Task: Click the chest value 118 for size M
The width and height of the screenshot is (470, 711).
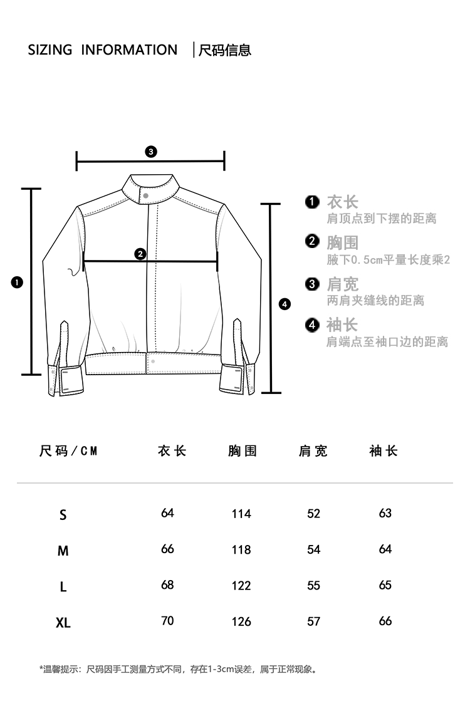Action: click(241, 550)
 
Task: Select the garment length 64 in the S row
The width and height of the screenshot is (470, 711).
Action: click(167, 513)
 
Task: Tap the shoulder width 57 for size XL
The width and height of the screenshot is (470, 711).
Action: click(314, 621)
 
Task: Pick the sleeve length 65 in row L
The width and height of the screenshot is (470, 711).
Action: click(385, 585)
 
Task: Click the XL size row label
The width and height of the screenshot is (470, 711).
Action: click(63, 623)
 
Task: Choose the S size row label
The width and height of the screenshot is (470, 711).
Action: click(63, 515)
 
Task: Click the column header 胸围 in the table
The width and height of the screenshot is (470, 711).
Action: click(243, 451)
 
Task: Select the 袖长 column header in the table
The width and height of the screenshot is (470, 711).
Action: click(384, 451)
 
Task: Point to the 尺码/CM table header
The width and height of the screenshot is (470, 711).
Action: click(69, 451)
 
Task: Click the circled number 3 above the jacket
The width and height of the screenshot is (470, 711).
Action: click(150, 152)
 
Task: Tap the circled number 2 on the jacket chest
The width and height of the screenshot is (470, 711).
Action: click(140, 254)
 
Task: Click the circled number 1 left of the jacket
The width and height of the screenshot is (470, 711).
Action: click(17, 283)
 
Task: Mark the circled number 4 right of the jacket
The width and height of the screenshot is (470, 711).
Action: click(285, 304)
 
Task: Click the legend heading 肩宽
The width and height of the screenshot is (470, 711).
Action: click(342, 284)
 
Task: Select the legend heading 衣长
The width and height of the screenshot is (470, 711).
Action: click(342, 202)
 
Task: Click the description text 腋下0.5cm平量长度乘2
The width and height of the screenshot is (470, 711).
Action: click(389, 259)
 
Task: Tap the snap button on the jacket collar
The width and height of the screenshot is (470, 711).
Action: click(146, 195)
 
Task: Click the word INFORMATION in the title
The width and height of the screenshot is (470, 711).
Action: click(129, 50)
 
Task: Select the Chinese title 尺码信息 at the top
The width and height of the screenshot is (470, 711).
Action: click(225, 50)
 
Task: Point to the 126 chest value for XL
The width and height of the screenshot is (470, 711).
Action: click(241, 621)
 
